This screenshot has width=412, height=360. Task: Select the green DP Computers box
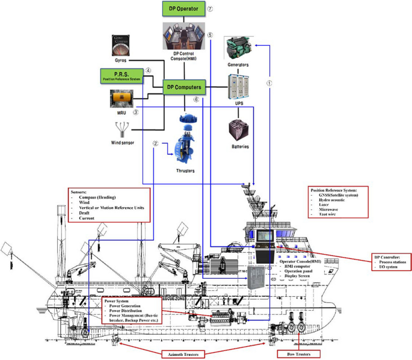[x=184, y=87]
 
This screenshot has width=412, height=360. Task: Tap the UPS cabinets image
[x=238, y=87]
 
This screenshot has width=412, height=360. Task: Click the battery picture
[x=239, y=129]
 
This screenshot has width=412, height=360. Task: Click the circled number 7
[x=210, y=10]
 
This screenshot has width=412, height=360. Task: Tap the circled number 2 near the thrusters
[x=156, y=144]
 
